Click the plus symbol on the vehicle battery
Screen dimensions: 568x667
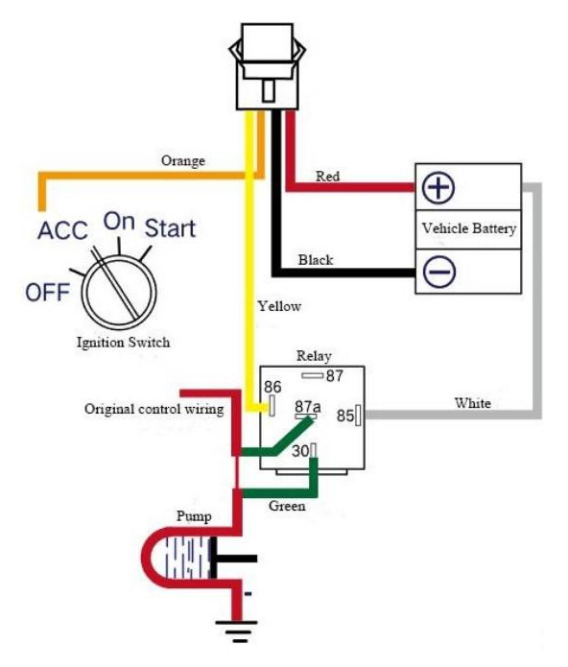(438, 187)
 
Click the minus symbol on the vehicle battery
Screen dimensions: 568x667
(439, 272)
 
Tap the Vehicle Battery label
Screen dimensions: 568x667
(469, 228)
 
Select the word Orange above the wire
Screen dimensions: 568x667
(183, 161)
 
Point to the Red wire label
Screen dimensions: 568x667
(327, 176)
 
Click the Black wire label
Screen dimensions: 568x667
(316, 259)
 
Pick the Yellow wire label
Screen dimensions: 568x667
(279, 306)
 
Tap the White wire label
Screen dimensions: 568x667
(473, 403)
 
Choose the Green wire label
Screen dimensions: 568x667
(287, 506)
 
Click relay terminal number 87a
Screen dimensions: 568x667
(308, 407)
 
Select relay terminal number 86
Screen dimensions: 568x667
(272, 387)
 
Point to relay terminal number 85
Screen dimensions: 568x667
(345, 416)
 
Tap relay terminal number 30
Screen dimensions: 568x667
(300, 451)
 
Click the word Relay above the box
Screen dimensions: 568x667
(314, 356)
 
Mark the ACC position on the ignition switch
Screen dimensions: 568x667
(62, 230)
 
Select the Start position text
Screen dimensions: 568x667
(170, 228)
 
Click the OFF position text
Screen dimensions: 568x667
(48, 293)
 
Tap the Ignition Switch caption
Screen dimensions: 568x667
(124, 342)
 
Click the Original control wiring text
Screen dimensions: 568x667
(154, 409)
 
